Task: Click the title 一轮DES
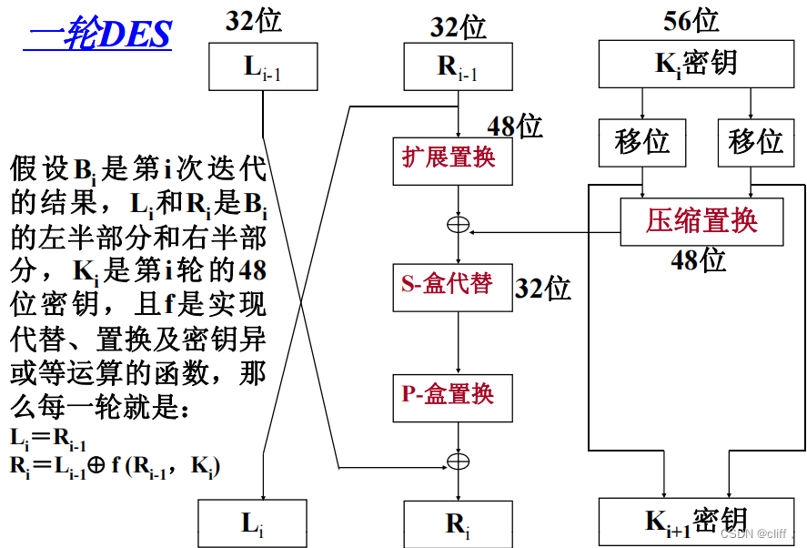[x=97, y=34]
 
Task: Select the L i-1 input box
[x=262, y=68]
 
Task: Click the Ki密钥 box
[x=697, y=63]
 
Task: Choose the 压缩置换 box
[x=701, y=221]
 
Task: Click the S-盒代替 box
[x=449, y=285]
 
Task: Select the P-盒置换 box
[x=449, y=396]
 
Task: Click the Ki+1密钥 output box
[x=696, y=522]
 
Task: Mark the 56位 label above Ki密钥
[x=691, y=19]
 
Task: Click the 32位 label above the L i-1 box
[x=254, y=20]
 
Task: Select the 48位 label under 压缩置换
[x=699, y=260]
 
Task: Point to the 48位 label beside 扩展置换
[x=515, y=127]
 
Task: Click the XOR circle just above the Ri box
[x=459, y=461]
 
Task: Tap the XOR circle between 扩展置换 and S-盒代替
[x=459, y=224]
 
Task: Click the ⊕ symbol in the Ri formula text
[x=96, y=466]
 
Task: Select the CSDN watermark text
[x=755, y=535]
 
